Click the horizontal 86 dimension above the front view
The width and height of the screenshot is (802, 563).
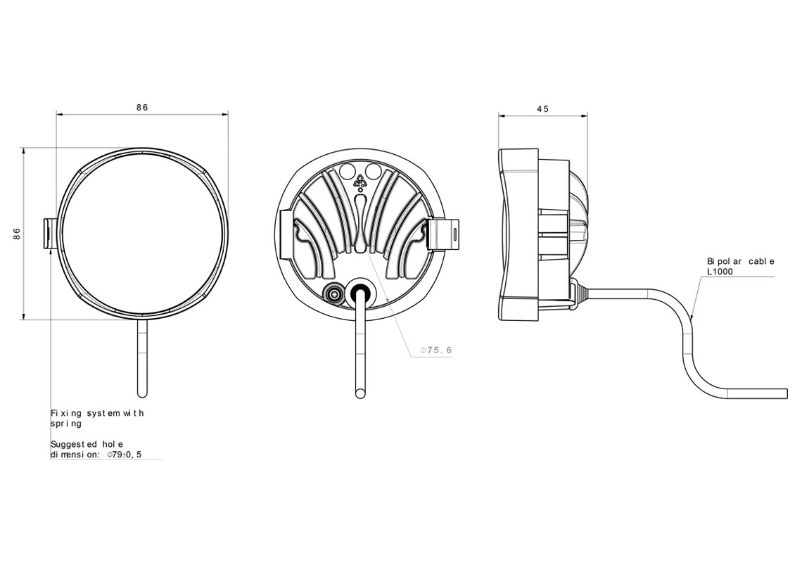(x=142, y=108)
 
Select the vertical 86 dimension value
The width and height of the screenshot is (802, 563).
(x=17, y=234)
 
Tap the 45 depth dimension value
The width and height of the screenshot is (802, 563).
(x=542, y=109)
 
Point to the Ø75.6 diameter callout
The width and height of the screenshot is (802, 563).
(x=435, y=350)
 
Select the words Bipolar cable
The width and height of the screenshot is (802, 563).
(x=740, y=261)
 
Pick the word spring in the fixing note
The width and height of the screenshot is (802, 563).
(x=65, y=424)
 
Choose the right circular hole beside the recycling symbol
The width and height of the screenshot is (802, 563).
(x=374, y=171)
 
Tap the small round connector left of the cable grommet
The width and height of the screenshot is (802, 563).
(x=332, y=293)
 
